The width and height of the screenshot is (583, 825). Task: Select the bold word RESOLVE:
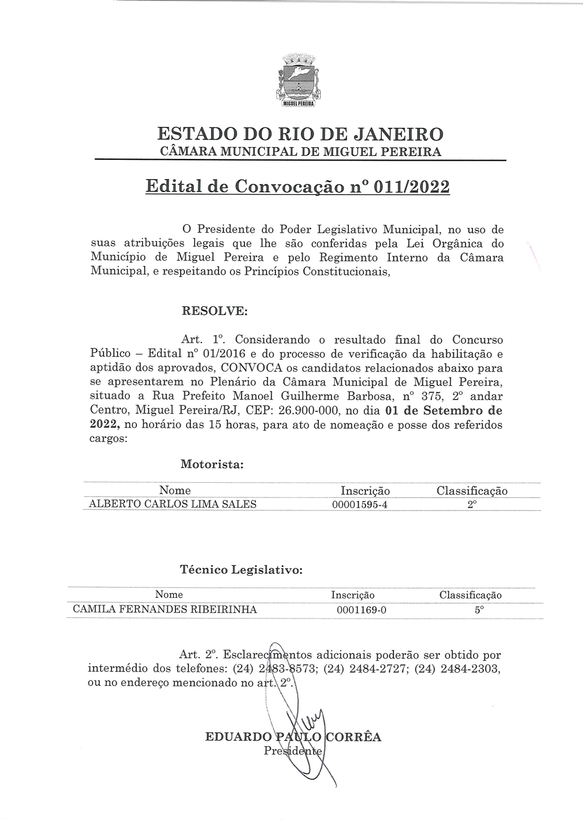click(214, 311)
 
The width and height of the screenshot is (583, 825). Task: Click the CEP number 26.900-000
click(308, 410)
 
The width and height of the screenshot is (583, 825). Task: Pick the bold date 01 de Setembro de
click(443, 410)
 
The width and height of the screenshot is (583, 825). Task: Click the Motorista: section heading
click(212, 464)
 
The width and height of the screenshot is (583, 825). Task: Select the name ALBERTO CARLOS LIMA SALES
click(173, 504)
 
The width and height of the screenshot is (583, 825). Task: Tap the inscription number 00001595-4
click(360, 505)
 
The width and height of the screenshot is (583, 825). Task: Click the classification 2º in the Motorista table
click(472, 504)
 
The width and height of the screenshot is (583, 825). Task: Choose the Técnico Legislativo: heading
click(241, 570)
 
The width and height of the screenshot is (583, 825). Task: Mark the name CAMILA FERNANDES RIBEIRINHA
click(165, 610)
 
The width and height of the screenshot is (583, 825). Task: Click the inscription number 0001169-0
click(362, 610)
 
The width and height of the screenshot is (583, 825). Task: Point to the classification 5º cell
click(479, 610)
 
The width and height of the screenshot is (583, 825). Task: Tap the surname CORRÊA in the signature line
click(354, 737)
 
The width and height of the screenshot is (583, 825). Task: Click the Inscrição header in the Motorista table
click(365, 491)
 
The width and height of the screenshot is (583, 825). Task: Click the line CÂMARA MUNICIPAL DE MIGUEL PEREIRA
click(300, 152)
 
